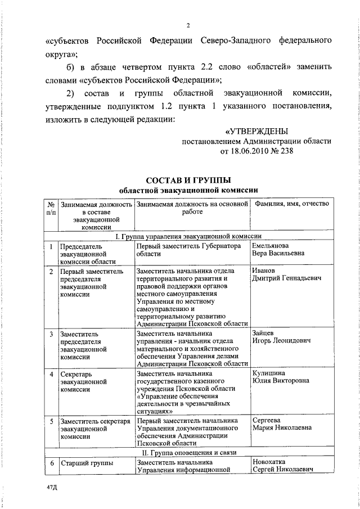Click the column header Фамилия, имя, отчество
(x=291, y=204)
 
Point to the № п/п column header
(x=51, y=208)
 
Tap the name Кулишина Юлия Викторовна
(x=281, y=377)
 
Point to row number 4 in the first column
(x=51, y=373)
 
